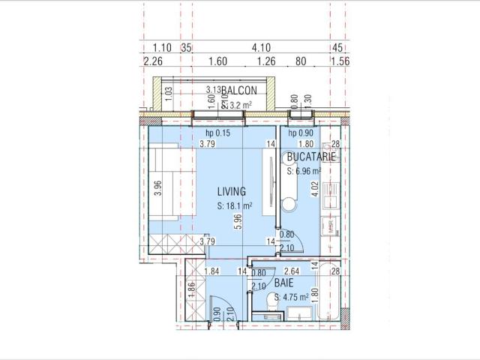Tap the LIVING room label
[232, 191]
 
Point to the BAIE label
[283, 284]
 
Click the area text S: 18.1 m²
[234, 205]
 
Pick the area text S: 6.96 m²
[304, 171]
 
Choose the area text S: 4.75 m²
[291, 298]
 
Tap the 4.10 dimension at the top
[260, 47]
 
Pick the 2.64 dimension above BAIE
[291, 271]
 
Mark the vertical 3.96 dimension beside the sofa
[157, 187]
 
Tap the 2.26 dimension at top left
[152, 61]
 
